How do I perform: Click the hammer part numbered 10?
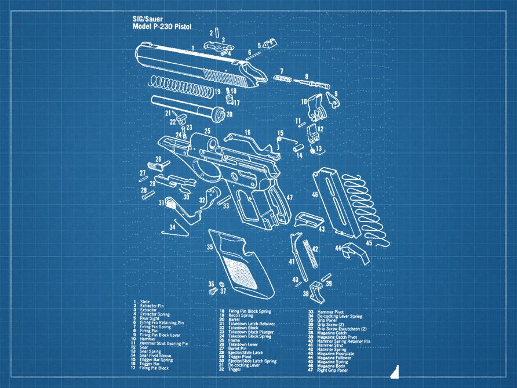(315, 105)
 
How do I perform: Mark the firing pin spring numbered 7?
(285, 78)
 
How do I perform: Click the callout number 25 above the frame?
(207, 132)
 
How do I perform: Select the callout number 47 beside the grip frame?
(289, 198)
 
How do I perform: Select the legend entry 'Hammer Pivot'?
(330, 311)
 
